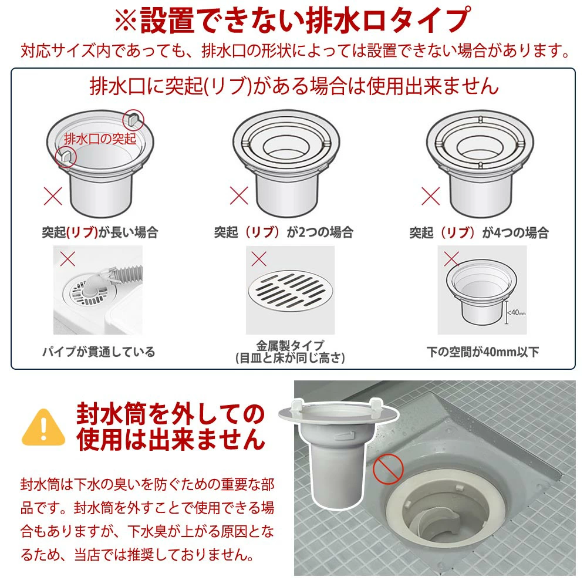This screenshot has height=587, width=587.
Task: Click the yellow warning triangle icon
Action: tap(43, 427)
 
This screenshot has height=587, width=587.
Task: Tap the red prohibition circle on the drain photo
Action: tap(388, 469)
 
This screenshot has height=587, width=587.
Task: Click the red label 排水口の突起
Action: tap(100, 139)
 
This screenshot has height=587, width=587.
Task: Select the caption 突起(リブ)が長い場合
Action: tap(100, 232)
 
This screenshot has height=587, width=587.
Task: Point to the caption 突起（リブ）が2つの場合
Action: tap(284, 232)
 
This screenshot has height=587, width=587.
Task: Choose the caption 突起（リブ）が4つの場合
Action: tap(479, 233)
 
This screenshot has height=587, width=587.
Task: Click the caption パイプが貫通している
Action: tap(99, 352)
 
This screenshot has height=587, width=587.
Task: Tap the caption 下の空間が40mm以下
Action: tap(483, 352)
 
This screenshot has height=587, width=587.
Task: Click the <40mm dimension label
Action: tap(517, 312)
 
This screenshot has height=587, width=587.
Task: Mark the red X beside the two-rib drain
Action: tap(239, 195)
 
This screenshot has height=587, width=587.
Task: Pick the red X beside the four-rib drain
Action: tap(430, 196)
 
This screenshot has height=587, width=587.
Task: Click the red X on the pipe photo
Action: tap(68, 259)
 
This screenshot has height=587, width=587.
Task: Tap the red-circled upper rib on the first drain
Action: tap(133, 119)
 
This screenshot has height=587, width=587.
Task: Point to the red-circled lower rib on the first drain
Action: tap(66, 157)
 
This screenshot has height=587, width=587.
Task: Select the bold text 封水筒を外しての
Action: tap(171, 414)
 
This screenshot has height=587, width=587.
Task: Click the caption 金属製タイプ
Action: tap(290, 345)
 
